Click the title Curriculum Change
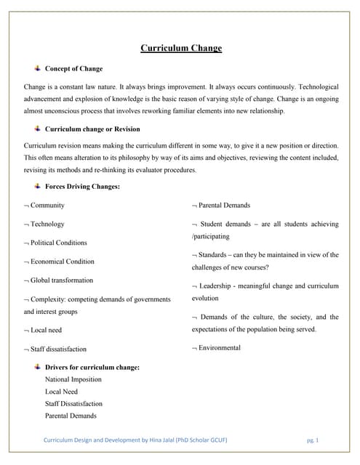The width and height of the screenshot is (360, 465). [x=180, y=49]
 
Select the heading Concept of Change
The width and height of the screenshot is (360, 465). [x=73, y=69]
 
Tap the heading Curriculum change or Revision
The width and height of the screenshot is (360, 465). [x=92, y=129]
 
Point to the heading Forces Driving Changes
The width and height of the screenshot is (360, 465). [x=82, y=187]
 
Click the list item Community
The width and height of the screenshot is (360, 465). [x=47, y=206]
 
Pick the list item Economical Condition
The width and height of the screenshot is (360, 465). [x=62, y=262]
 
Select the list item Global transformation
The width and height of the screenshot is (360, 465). [x=61, y=280]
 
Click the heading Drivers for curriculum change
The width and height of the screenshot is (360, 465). [x=92, y=367]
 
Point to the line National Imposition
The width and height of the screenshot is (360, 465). [x=73, y=379]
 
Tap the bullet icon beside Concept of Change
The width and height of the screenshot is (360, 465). [x=36, y=68]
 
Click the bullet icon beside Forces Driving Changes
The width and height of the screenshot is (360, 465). [x=36, y=186]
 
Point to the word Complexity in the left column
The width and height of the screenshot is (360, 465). [x=47, y=299]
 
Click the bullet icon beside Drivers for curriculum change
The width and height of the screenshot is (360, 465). [x=36, y=366]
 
